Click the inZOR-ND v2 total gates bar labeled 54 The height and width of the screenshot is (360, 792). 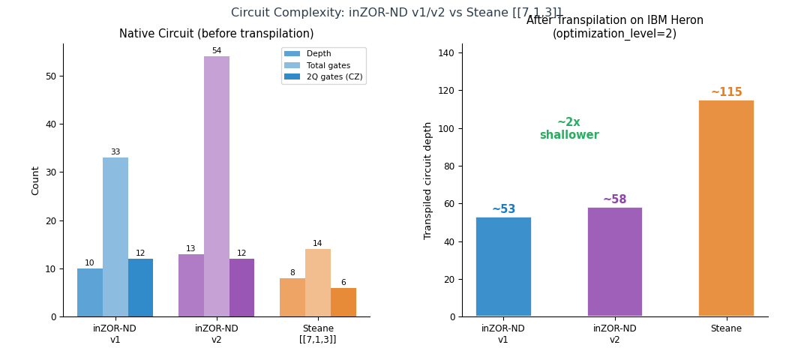(216, 186)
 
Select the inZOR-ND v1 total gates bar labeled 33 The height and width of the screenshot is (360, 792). (115, 237)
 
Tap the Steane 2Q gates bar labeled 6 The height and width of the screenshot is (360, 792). (343, 302)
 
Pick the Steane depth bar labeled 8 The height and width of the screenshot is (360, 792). (292, 298)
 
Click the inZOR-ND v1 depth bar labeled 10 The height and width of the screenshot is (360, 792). (89, 292)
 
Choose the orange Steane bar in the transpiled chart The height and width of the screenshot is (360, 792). (725, 208)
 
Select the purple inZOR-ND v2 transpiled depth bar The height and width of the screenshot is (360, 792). (614, 262)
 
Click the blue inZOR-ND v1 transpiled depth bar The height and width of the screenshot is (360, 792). (502, 266)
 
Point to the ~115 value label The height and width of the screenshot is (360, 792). (726, 92)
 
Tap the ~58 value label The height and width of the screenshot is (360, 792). (614, 199)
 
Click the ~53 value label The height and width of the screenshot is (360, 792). (503, 209)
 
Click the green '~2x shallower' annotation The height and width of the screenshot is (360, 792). (569, 129)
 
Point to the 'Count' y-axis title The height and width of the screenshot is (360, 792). (35, 181)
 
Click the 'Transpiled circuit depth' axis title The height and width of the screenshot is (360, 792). (428, 181)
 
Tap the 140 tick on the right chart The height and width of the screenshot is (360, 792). (446, 52)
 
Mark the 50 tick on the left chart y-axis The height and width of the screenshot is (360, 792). (50, 76)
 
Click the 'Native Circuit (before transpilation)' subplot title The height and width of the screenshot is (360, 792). (216, 34)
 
